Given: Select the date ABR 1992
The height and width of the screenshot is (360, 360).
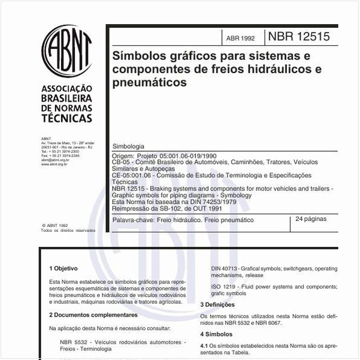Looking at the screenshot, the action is (240, 38).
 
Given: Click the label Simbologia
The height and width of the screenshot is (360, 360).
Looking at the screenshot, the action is (128, 146).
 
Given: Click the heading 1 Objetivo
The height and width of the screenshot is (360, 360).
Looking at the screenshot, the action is (64, 267).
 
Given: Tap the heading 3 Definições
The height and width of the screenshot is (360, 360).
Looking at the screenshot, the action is (218, 304).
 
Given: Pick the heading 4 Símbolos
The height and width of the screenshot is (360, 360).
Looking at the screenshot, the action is (216, 333).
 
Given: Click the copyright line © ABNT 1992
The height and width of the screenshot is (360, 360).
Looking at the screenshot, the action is (56, 224).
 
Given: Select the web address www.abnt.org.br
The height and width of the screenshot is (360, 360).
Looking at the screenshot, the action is (54, 164).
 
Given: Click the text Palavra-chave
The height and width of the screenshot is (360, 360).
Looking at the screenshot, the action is (129, 220).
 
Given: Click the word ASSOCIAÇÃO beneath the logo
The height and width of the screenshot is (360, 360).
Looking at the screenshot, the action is (67, 88).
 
